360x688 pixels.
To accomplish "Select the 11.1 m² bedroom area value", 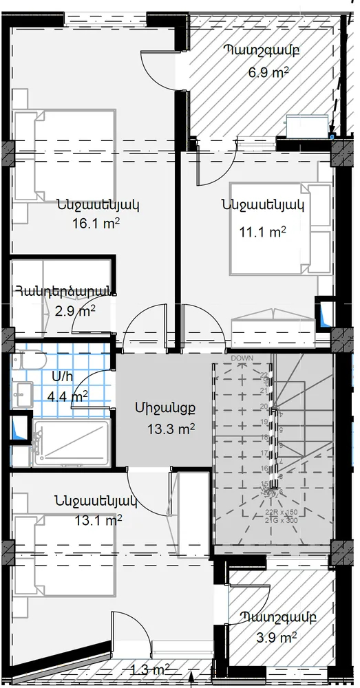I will point(262,233).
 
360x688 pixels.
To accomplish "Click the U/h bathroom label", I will point(62,378).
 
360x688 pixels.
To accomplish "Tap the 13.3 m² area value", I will point(170,429).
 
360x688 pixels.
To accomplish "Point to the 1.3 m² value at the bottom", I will point(151,669).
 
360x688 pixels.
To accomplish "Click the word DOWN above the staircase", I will point(242,359).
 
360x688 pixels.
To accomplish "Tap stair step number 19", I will point(264,422).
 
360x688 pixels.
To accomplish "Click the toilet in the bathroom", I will point(32,363).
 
